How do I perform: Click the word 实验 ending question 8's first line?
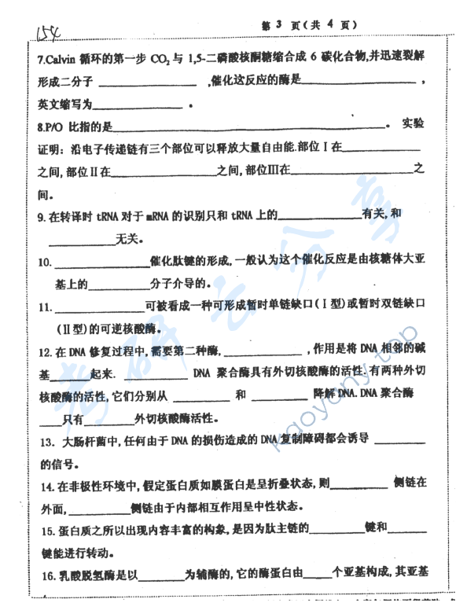click(x=413, y=123)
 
